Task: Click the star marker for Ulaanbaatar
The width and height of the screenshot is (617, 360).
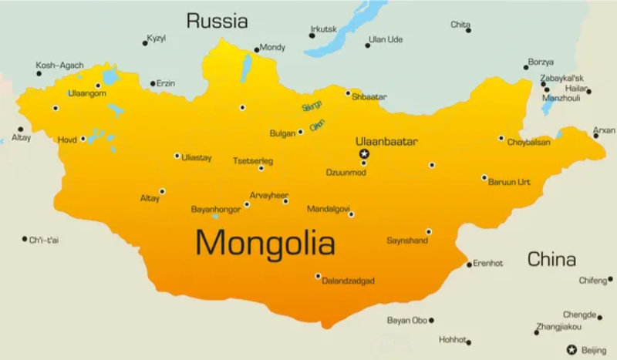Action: coord(365,153)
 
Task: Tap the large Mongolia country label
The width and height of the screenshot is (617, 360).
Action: coord(265,244)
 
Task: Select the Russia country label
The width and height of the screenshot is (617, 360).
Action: coord(217,21)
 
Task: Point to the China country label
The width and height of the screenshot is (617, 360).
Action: coord(551,258)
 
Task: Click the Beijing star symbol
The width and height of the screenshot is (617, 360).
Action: coord(571,350)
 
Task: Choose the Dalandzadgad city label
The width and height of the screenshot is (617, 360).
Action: coord(348,281)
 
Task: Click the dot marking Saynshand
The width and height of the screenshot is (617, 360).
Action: coord(429,231)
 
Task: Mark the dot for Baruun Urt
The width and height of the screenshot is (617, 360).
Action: coord(484,178)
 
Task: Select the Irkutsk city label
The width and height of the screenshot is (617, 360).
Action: coord(323,29)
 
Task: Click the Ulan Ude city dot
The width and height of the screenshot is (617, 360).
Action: coord(367,45)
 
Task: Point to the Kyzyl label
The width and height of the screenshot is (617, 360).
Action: coord(157,38)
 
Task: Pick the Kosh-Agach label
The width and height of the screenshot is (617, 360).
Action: coord(59,66)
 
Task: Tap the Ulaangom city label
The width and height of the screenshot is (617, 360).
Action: coord(87,94)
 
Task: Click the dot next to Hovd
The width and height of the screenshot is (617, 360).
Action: coord(83,140)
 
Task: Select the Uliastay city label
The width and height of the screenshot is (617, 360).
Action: coord(196,158)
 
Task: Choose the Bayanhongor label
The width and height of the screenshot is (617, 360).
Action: coord(215,209)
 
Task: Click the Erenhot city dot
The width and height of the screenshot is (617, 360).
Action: coord(469,264)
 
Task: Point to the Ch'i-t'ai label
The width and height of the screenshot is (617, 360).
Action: coord(44,240)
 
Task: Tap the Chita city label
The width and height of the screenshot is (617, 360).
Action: coord(460,25)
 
